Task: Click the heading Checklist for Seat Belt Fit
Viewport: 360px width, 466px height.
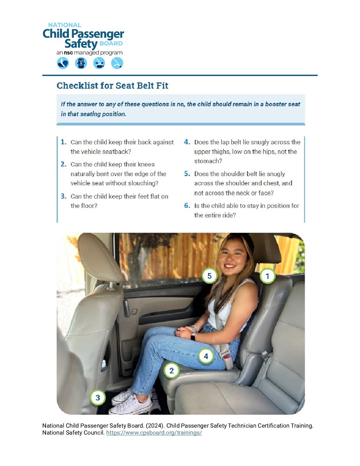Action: point(112,86)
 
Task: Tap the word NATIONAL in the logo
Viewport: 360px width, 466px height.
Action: point(65,25)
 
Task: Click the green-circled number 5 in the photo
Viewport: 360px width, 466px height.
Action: point(209,276)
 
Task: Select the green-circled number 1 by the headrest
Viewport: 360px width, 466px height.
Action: point(267,276)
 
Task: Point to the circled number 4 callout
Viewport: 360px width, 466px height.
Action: point(206,356)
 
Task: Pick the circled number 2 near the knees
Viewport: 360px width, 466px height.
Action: point(171,371)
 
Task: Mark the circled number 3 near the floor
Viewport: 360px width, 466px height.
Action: point(98,397)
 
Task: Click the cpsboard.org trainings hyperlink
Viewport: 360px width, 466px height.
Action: point(154,433)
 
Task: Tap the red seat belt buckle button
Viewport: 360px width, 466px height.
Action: point(227,357)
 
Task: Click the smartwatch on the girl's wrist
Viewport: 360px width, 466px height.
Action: point(193,337)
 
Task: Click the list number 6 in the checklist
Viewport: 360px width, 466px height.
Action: point(187,206)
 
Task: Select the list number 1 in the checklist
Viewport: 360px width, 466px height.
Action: point(64,142)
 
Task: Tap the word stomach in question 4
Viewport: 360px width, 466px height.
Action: point(208,161)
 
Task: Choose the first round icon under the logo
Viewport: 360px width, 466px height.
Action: point(63,63)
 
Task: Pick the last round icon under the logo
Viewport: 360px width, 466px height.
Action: point(117,63)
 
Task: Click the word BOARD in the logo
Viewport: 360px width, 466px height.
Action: point(111,44)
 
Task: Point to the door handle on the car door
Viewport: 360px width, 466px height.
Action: point(127,308)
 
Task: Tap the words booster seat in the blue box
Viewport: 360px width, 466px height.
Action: point(282,104)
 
